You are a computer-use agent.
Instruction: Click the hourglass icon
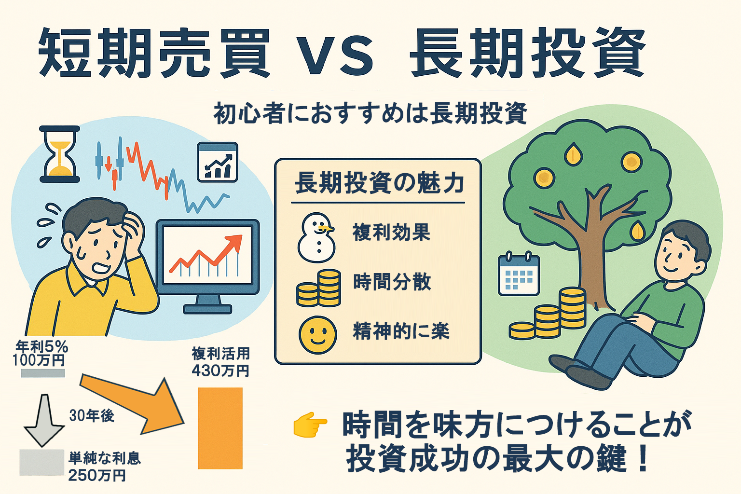[x=59, y=154]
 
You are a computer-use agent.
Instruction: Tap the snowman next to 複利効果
[x=316, y=237]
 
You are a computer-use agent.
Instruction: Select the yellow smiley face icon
[x=317, y=335]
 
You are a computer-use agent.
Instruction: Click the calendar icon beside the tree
[x=519, y=274]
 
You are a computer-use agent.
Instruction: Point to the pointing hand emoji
[x=310, y=425]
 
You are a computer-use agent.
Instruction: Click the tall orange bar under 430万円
[x=220, y=428]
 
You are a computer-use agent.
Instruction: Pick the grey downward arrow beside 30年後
[x=44, y=420]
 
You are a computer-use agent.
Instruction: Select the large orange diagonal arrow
[x=132, y=406]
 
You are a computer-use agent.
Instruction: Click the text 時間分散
[x=392, y=282]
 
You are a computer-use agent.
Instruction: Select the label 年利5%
[x=42, y=347]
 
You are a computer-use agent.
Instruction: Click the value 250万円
[x=97, y=476]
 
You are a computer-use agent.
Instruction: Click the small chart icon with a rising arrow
[x=218, y=162]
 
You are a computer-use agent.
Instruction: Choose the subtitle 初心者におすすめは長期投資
[x=370, y=114]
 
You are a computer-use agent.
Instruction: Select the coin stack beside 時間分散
[x=318, y=288]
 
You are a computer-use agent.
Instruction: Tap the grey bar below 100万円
[x=42, y=373]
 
